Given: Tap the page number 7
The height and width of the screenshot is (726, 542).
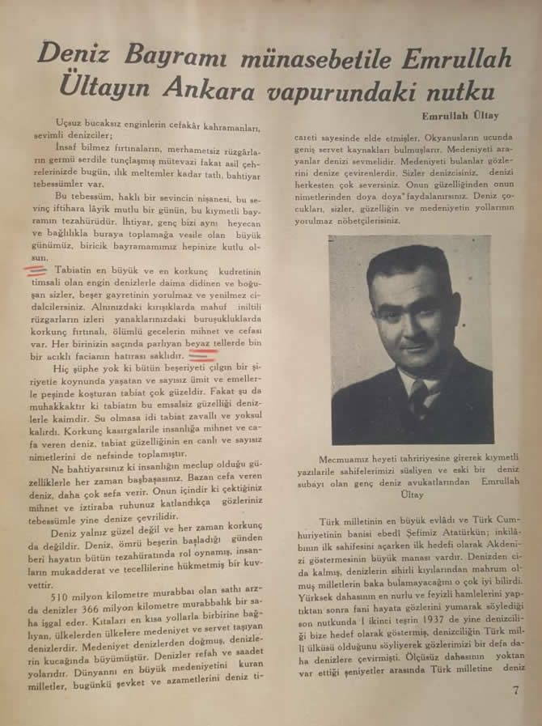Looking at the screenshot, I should [x=515, y=690].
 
